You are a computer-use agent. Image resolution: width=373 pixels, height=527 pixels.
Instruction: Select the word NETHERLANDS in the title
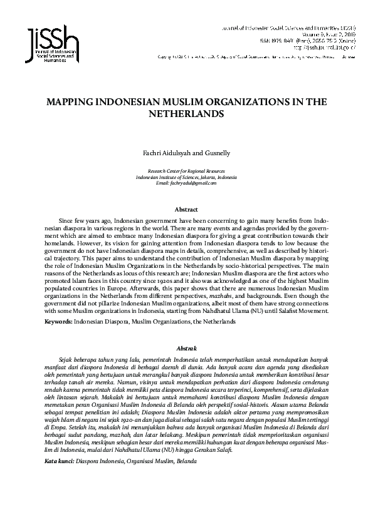(186, 115)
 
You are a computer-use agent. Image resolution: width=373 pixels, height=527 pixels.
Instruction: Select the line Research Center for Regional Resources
(186, 171)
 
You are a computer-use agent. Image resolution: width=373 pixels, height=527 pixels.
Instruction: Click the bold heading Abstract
(186, 209)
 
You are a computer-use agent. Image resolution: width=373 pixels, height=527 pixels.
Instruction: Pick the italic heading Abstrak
(186, 347)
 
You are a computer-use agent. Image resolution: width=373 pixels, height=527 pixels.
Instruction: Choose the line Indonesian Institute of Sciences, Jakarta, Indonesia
(186, 177)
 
